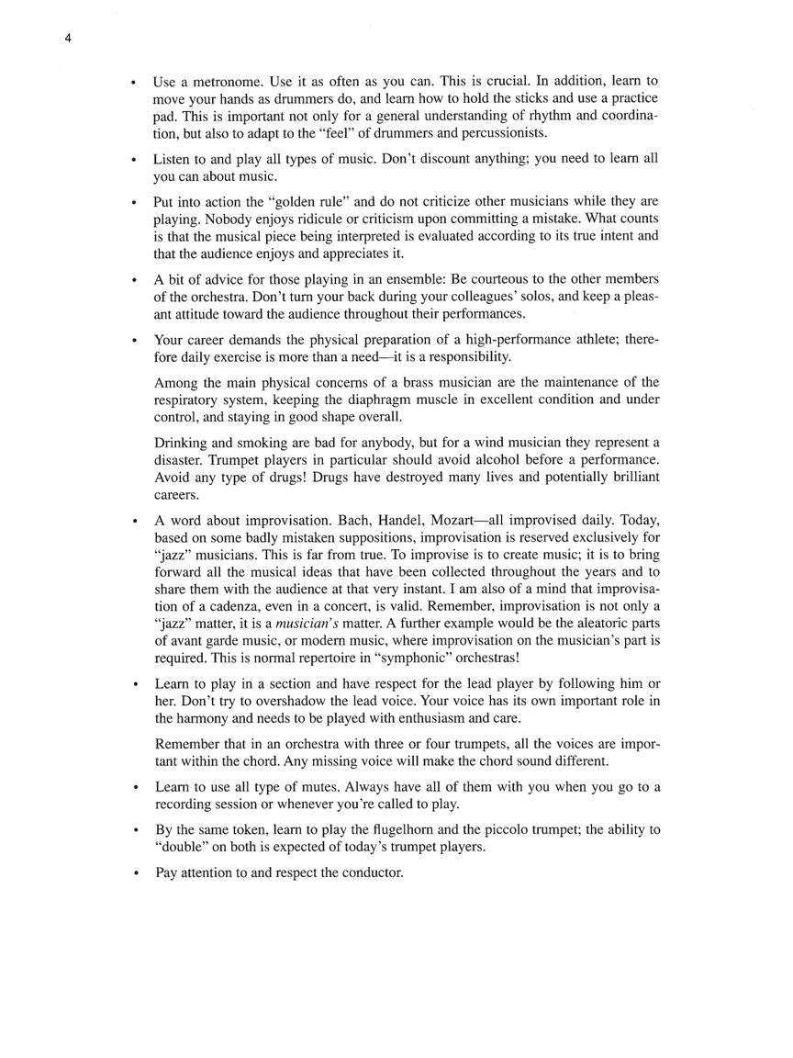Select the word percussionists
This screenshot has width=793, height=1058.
pyautogui.click(x=504, y=133)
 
